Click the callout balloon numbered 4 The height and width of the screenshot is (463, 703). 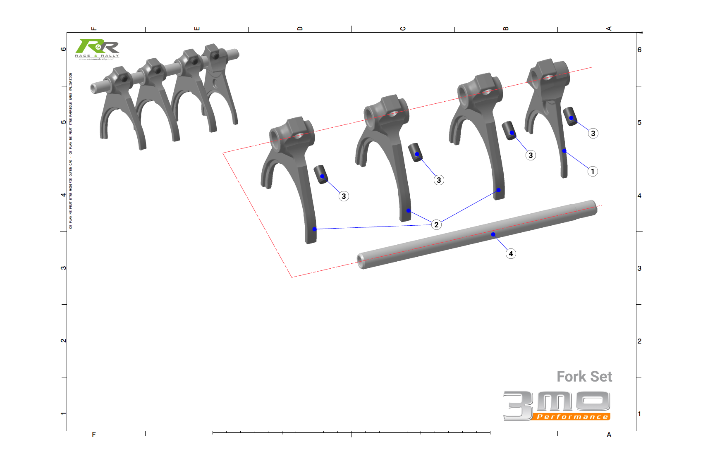[x=511, y=254]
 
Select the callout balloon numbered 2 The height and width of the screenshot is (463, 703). [x=436, y=224]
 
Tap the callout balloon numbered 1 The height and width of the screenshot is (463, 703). [x=593, y=172]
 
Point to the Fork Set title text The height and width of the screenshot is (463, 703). [x=584, y=377]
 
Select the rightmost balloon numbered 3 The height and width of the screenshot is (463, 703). [x=593, y=134]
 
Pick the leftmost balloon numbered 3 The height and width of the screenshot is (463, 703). [x=344, y=196]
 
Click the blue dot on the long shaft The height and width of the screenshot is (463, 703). [x=493, y=234]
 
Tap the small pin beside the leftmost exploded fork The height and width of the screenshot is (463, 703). [x=321, y=174]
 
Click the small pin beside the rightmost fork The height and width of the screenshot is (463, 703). [x=570, y=116]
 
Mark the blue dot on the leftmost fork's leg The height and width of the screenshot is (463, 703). [x=314, y=229]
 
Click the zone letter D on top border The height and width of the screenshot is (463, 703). [x=300, y=29]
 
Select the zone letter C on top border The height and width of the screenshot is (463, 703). [x=403, y=29]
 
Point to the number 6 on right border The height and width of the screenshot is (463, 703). [x=639, y=50]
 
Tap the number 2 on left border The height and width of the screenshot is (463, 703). [x=63, y=341]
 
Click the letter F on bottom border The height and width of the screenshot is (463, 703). [x=94, y=434]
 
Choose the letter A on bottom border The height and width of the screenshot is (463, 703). [x=609, y=434]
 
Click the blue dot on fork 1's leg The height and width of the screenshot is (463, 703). [x=564, y=151]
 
